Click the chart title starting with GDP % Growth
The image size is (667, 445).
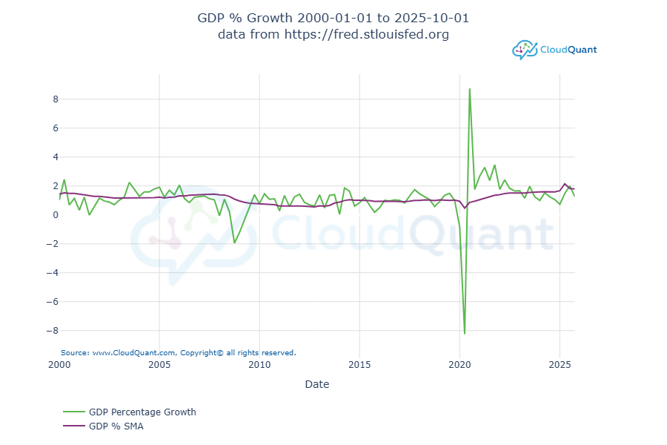[x=333, y=18]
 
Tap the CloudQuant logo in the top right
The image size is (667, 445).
[x=554, y=50]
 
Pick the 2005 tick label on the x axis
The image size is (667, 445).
[x=159, y=365]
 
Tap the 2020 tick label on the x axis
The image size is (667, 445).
[x=459, y=365]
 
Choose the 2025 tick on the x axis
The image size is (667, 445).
[x=560, y=365]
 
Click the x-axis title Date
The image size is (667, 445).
[x=316, y=384]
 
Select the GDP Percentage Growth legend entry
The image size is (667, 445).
[x=142, y=412]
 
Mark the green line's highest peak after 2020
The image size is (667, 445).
[x=469, y=89]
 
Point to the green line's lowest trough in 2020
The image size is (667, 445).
[x=465, y=334]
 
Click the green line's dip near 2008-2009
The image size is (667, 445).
[x=234, y=243]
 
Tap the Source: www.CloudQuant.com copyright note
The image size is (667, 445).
[x=178, y=353]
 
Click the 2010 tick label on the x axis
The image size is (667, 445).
[x=259, y=365]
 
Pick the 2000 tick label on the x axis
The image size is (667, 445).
[x=59, y=365]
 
